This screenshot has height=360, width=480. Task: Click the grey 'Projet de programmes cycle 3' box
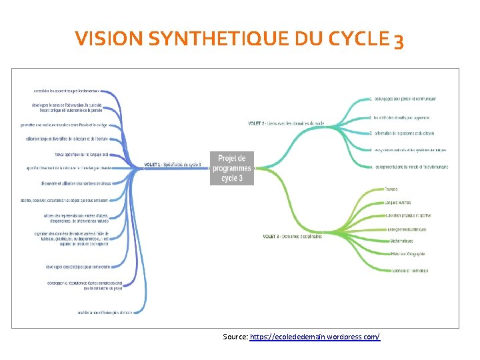coord(232,169)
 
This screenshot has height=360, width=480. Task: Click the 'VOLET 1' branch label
coord(172,165)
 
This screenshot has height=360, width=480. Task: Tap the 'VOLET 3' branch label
coord(292,236)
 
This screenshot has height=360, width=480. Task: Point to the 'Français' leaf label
coord(391,189)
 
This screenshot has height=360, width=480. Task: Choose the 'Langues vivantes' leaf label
coord(398,202)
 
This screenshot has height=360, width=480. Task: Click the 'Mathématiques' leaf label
coord(402,241)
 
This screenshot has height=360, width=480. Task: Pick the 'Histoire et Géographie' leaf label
coord(408,254)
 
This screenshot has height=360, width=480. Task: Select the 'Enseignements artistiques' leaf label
coord(407,229)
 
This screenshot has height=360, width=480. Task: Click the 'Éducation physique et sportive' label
coord(408,215)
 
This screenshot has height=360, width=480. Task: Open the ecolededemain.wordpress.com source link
coord(315,337)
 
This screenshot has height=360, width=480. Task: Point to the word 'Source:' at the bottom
coord(235,337)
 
